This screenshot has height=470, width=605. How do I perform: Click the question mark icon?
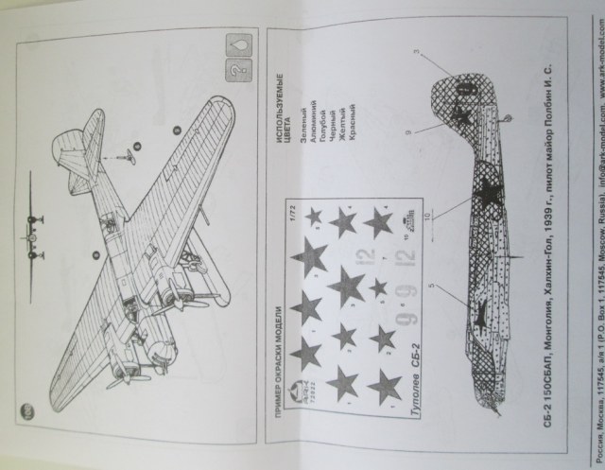pos(231,72)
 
